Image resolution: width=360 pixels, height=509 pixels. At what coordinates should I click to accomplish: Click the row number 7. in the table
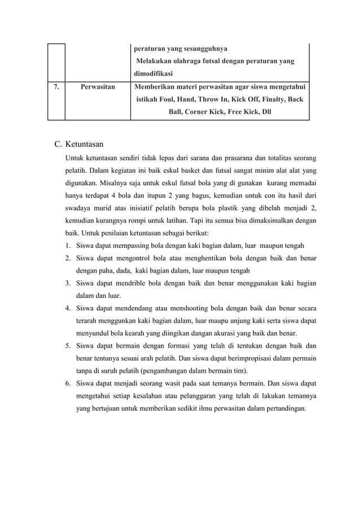click(x=55, y=87)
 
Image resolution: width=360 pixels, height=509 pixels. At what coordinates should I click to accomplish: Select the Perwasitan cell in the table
click(x=98, y=87)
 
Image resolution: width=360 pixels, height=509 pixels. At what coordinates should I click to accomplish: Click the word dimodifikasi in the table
click(x=153, y=73)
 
